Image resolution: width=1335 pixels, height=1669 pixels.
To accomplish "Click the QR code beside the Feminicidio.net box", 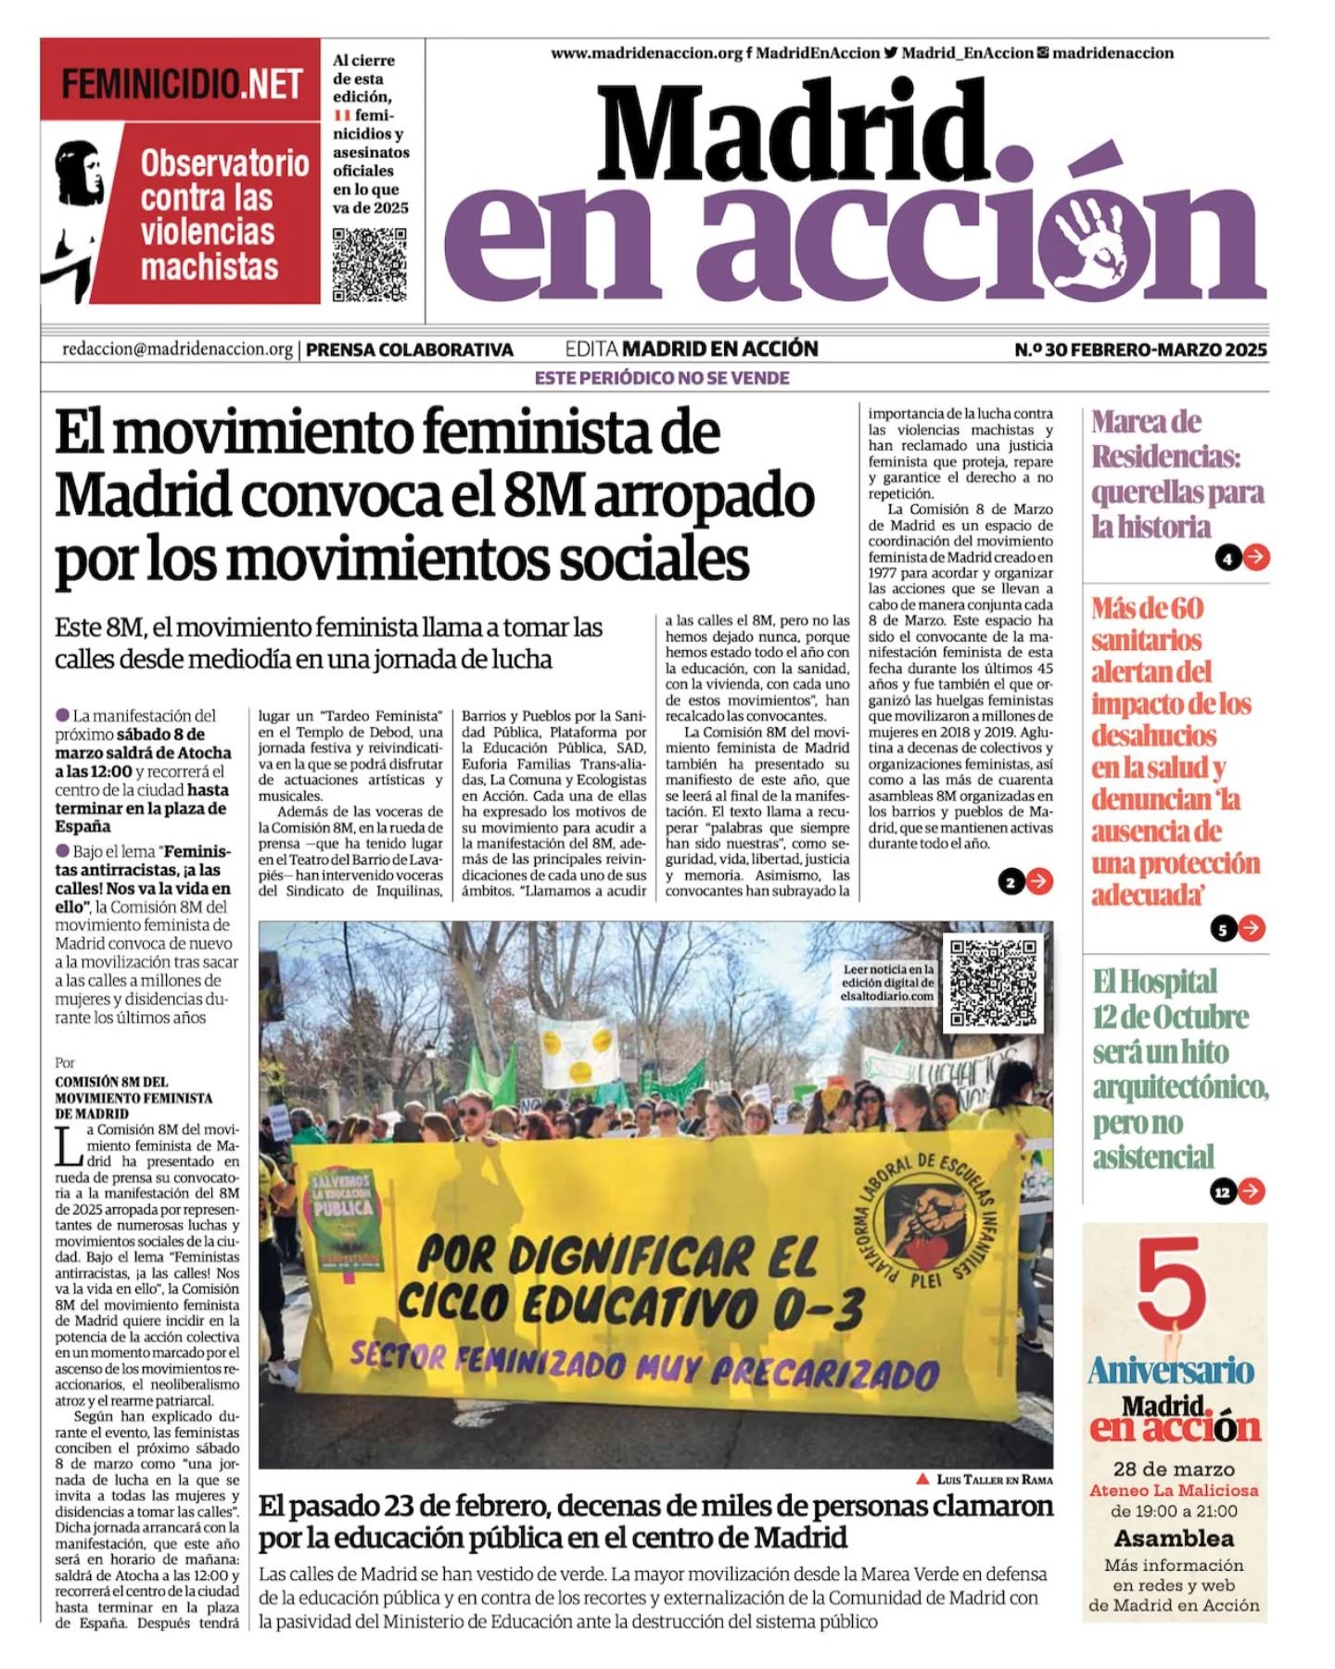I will pos(369,265).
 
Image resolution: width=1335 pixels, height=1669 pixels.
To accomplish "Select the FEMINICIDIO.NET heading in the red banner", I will pos(182,84).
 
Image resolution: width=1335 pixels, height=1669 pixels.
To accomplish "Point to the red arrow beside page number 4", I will pos(1256,557).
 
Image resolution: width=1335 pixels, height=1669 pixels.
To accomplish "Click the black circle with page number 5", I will pos(1224,928).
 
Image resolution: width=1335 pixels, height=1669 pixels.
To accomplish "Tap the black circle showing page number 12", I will pos(1223,1191).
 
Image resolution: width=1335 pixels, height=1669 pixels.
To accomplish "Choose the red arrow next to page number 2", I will pos(1039,881).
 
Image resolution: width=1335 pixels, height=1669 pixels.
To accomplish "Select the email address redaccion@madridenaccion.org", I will pos(177,350).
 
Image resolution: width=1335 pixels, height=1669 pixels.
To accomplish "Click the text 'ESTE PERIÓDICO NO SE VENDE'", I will pos(662,378).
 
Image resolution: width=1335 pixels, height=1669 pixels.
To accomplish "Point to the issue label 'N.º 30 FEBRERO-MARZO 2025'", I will pos(1139,350).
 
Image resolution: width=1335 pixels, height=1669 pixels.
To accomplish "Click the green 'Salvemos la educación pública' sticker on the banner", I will pos(342,1219).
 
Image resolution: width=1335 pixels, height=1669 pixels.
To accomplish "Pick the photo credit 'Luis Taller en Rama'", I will pos(992,1480).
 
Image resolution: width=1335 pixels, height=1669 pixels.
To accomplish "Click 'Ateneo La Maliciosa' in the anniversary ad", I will pos(1174,1490).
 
